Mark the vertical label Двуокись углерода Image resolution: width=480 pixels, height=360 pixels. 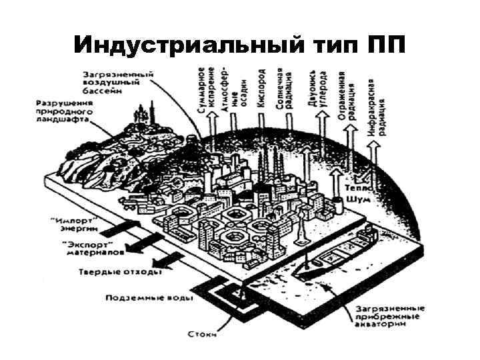coord(317,93)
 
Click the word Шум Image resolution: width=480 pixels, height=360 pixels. coord(357,199)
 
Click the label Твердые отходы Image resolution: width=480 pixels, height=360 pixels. coord(120,272)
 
